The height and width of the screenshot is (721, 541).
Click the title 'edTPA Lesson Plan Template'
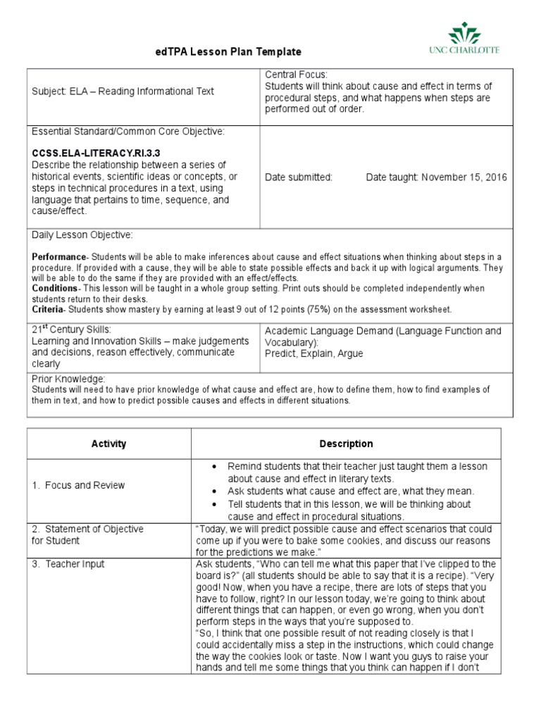click(x=228, y=52)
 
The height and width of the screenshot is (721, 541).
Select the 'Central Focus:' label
click(x=292, y=74)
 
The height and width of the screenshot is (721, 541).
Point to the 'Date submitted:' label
click(x=299, y=177)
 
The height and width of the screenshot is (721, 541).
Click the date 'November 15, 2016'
click(x=464, y=177)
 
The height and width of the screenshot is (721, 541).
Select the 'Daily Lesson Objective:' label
click(x=82, y=234)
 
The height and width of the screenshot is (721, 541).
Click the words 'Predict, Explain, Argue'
click(x=314, y=353)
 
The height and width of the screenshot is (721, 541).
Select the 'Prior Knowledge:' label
click(x=69, y=379)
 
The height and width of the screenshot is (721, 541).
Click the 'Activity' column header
click(x=108, y=444)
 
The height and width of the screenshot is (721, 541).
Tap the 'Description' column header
click(x=346, y=444)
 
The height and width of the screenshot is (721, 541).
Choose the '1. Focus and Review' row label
click(x=78, y=485)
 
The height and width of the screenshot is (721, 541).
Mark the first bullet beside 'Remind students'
click(x=214, y=467)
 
